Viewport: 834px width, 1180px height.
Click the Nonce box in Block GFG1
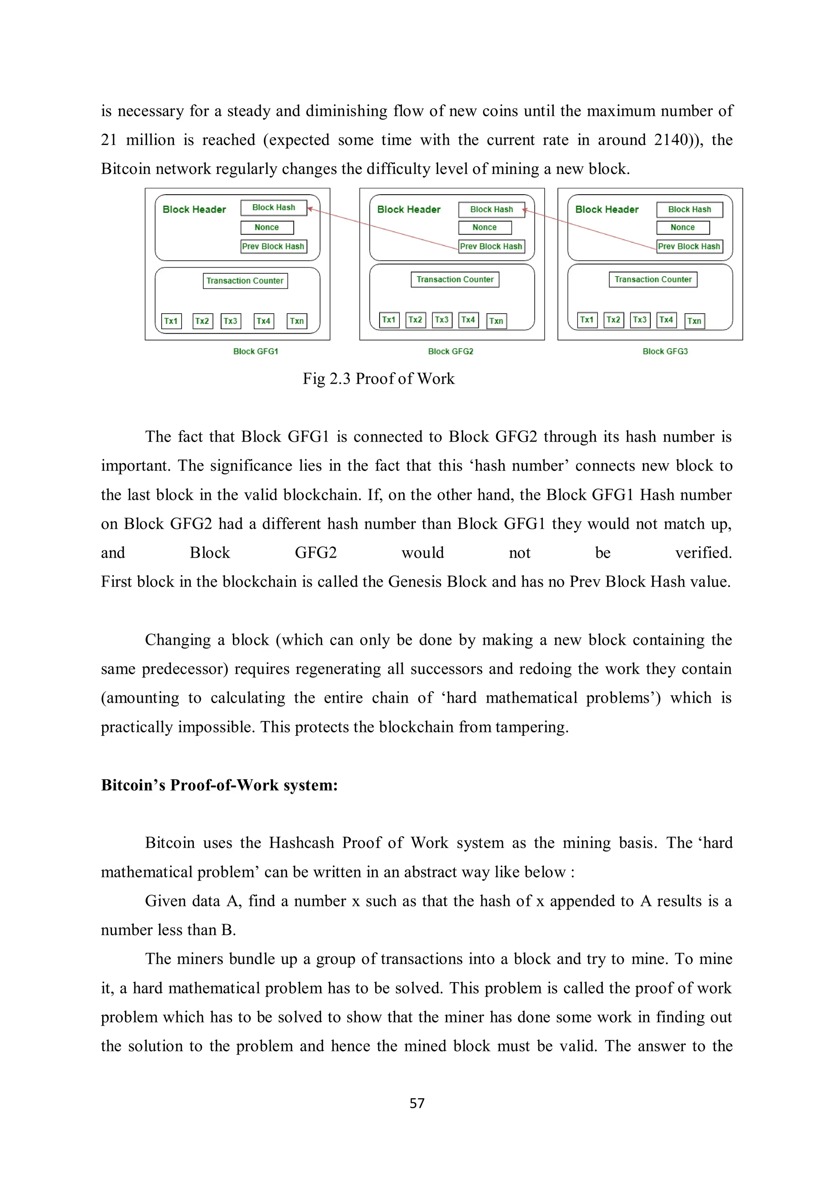[x=267, y=227]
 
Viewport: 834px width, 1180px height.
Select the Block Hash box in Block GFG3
[x=689, y=209]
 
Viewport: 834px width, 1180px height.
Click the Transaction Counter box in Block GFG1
[x=245, y=281]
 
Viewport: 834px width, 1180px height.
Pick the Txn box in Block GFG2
[x=496, y=321]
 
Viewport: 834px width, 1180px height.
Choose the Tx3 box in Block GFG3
[x=640, y=320]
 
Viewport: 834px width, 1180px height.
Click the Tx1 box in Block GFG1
[x=171, y=321]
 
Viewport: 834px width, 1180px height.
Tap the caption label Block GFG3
[x=665, y=352]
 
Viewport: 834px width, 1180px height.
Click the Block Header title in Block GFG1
[x=194, y=209]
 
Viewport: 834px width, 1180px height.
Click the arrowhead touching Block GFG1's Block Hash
[x=310, y=209]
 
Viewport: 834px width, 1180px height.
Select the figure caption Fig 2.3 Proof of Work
[x=378, y=379]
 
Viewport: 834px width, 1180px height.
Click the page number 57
[x=417, y=1103]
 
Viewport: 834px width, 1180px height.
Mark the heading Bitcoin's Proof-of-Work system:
[x=219, y=785]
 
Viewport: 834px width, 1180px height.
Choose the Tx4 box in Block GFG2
[x=468, y=320]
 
